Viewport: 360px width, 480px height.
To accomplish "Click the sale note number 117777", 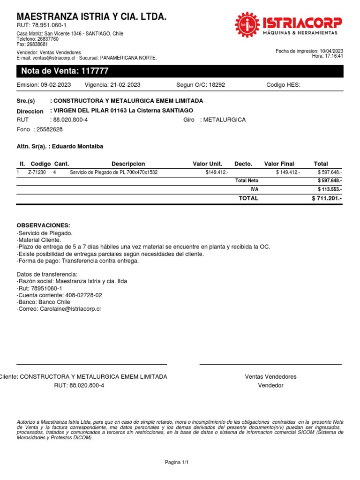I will [95, 71].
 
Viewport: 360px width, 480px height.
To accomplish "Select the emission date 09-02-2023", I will [56, 85].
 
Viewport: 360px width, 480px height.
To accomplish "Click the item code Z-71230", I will [37, 172].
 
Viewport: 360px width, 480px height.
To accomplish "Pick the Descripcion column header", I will [128, 164].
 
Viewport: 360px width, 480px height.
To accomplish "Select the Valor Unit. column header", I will [207, 164].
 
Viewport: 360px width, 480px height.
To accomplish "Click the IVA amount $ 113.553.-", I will [330, 189].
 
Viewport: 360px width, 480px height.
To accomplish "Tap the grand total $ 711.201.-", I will [327, 199].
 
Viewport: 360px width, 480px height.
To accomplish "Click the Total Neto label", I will [247, 180].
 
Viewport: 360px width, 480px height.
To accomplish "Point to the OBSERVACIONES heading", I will [43, 225].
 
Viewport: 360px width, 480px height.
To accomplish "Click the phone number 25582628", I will [49, 129].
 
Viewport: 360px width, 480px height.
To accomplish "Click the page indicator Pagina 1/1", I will [176, 463].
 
